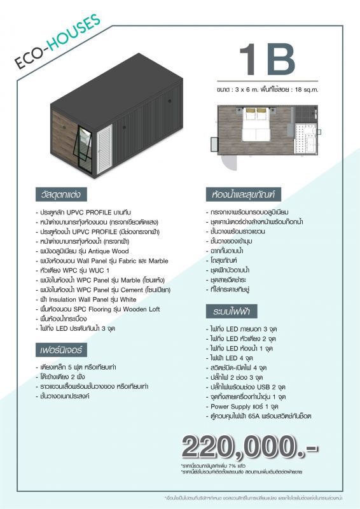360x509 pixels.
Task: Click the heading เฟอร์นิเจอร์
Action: (x=61, y=351)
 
